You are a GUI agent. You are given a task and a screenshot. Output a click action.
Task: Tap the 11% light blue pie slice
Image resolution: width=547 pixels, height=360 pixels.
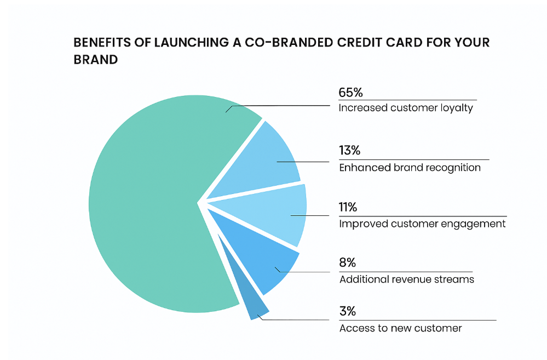[x=274, y=214]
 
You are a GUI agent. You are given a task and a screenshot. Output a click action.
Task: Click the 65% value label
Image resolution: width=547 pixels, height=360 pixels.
[x=351, y=92]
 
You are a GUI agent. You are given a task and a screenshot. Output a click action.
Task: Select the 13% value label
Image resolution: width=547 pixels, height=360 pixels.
[x=350, y=151]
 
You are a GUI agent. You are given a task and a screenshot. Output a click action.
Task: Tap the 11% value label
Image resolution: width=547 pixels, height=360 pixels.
[x=348, y=208]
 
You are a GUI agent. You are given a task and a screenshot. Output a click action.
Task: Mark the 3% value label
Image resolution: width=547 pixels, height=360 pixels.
[x=348, y=312]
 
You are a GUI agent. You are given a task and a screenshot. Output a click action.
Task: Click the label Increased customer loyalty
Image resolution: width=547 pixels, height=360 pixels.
[x=406, y=108]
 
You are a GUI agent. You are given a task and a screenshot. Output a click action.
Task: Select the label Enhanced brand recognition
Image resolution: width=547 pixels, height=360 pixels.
[x=410, y=168]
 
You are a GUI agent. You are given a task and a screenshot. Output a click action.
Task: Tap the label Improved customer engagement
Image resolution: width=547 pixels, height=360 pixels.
[x=422, y=224]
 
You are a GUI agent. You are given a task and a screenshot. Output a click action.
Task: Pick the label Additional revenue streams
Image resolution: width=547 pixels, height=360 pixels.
[x=407, y=279]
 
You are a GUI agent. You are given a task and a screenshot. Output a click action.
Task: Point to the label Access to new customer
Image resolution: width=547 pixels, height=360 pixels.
[x=401, y=328]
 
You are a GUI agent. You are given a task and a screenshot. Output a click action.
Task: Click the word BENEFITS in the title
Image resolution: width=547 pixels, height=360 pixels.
[x=102, y=43]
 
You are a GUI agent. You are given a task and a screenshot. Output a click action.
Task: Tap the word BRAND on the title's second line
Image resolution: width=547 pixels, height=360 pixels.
[x=96, y=59]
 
